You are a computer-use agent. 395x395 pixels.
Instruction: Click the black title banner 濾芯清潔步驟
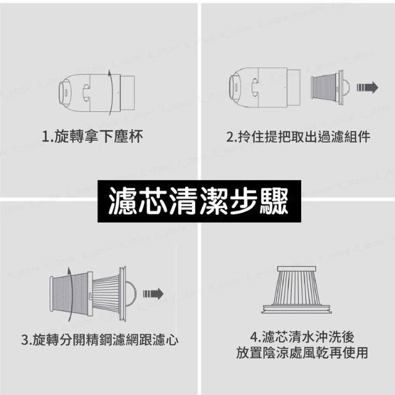tap(199, 201)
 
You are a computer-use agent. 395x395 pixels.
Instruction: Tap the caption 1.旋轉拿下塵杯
tap(93, 136)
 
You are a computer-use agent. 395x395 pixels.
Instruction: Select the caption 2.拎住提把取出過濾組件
tap(298, 136)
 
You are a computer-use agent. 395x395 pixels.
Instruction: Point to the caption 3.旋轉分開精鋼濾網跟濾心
tap(100, 340)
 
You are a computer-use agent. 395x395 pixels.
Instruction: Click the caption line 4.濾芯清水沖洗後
tap(302, 337)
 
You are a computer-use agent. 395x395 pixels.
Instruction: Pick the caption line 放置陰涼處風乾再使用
tap(302, 352)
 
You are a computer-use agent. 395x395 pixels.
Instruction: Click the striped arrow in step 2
tap(367, 88)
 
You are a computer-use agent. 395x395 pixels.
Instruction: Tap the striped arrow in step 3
tap(154, 294)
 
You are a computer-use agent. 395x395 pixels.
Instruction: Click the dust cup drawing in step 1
tap(97, 93)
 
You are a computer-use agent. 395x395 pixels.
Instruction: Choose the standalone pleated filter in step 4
tap(296, 289)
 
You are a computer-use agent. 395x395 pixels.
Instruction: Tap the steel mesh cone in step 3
tap(72, 294)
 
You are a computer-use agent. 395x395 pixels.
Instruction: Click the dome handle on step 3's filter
tap(131, 294)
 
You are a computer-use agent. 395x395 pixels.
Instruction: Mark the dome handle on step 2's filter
tap(346, 88)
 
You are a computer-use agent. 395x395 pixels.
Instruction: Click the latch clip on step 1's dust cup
tap(86, 93)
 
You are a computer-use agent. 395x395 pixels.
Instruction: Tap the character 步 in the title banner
tap(244, 201)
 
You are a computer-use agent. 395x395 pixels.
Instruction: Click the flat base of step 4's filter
tap(296, 309)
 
